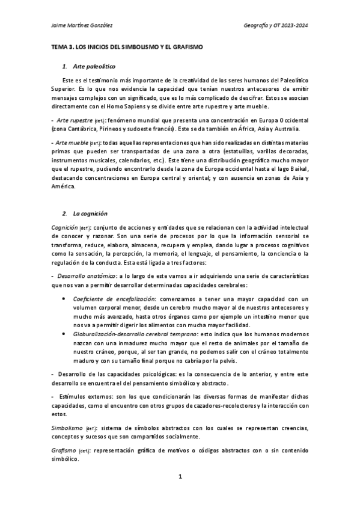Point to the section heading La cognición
click(x=90, y=214)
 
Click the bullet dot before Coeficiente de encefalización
click(x=64, y=298)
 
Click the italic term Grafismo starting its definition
click(x=62, y=450)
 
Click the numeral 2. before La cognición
click(x=64, y=214)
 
